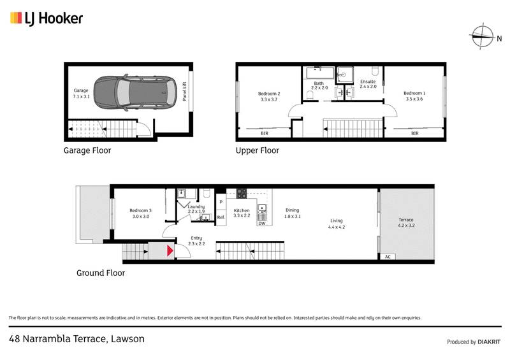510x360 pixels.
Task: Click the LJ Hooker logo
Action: pyautogui.click(x=47, y=18)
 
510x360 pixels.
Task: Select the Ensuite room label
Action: pyautogui.click(x=368, y=83)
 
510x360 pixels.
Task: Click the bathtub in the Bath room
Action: pyautogui.click(x=319, y=72)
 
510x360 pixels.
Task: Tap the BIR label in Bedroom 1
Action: pyautogui.click(x=414, y=133)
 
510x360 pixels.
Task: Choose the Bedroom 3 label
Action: pyautogui.click(x=140, y=213)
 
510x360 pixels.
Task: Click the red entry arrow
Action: pyautogui.click(x=170, y=251)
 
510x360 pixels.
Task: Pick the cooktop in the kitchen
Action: pyautogui.click(x=242, y=194)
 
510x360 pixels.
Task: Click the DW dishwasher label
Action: pyautogui.click(x=261, y=223)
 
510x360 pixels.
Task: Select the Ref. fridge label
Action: pyautogui.click(x=221, y=217)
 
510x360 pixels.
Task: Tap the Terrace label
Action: pyautogui.click(x=406, y=222)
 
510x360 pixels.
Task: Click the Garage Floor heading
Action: pyautogui.click(x=87, y=151)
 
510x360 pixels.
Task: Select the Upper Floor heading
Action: pyautogui.click(x=258, y=151)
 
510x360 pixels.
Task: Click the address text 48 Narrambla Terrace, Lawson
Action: pyautogui.click(x=76, y=338)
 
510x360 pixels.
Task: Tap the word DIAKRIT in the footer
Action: pyautogui.click(x=489, y=342)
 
